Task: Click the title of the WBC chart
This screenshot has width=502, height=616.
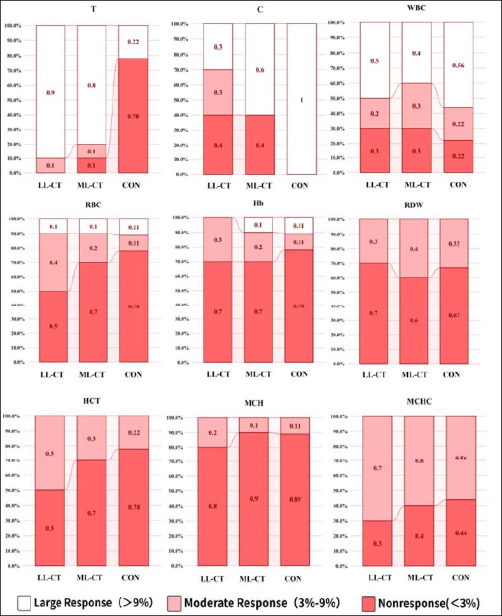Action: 415,8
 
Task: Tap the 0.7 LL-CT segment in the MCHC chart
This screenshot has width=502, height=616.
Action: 377,468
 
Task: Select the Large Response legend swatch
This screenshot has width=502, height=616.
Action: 24,601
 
